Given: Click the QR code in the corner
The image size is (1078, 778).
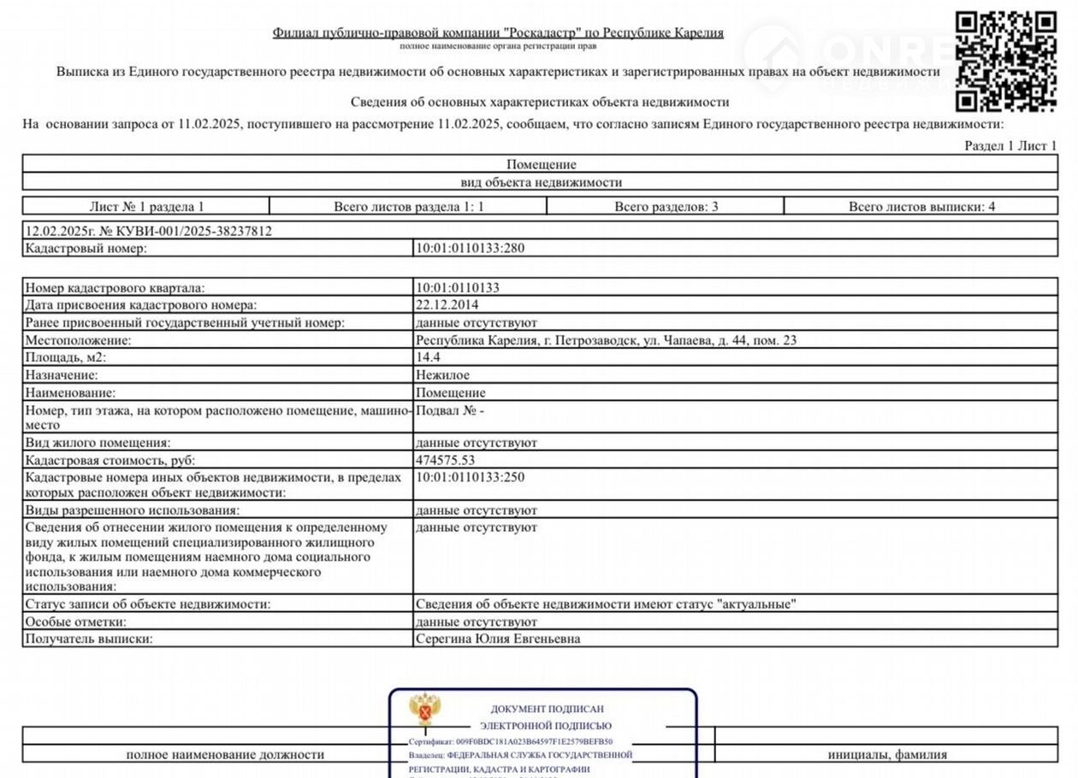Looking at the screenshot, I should point(1006,61).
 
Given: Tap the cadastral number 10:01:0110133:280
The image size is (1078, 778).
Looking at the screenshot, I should point(470,249).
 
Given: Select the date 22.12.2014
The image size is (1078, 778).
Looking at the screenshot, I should point(447,305).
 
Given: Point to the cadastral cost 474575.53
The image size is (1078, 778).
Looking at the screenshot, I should point(445,460).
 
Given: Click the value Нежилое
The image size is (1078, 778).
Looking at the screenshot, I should point(442,374).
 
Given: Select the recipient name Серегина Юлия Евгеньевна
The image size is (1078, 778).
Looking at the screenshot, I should point(497,639).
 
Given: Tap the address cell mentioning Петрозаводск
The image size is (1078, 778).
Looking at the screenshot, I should point(606,340).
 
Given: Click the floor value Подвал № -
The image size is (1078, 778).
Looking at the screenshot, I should point(450,411).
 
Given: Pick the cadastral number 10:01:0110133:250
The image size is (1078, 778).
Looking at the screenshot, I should point(470,477).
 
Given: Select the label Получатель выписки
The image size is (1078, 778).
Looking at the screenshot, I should point(89,639).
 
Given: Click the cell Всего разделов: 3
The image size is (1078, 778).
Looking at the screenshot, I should point(666,206).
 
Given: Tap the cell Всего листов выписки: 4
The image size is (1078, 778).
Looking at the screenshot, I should point(921,206).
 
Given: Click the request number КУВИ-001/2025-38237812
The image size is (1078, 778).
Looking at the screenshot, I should point(149,231).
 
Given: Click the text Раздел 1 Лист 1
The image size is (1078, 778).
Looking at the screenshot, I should point(1010,146).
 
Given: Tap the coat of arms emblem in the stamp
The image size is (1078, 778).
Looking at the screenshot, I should point(425,709).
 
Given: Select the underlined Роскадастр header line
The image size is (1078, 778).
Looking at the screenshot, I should point(498,32).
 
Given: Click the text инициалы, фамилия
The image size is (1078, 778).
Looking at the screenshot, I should point(887,754).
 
